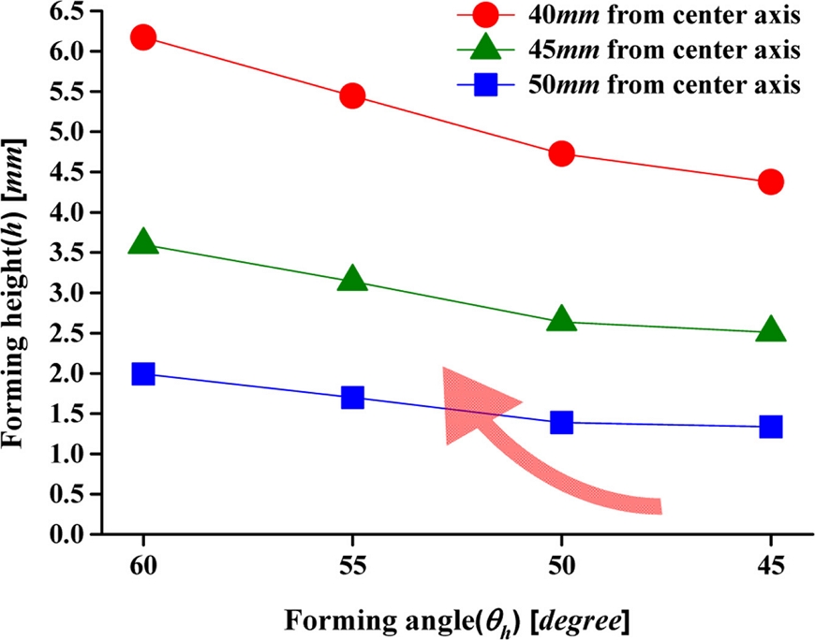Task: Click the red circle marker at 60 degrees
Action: pyautogui.click(x=143, y=37)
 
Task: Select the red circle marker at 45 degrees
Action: pyautogui.click(x=771, y=182)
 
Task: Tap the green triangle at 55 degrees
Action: pyautogui.click(x=352, y=278)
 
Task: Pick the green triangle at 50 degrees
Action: pyautogui.click(x=561, y=319)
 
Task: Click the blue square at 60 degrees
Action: pyautogui.click(x=143, y=373)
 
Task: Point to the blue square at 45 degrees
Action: pyautogui.click(x=771, y=427)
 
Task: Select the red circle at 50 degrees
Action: pyautogui.click(x=561, y=153)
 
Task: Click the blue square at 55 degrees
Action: pyautogui.click(x=352, y=398)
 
